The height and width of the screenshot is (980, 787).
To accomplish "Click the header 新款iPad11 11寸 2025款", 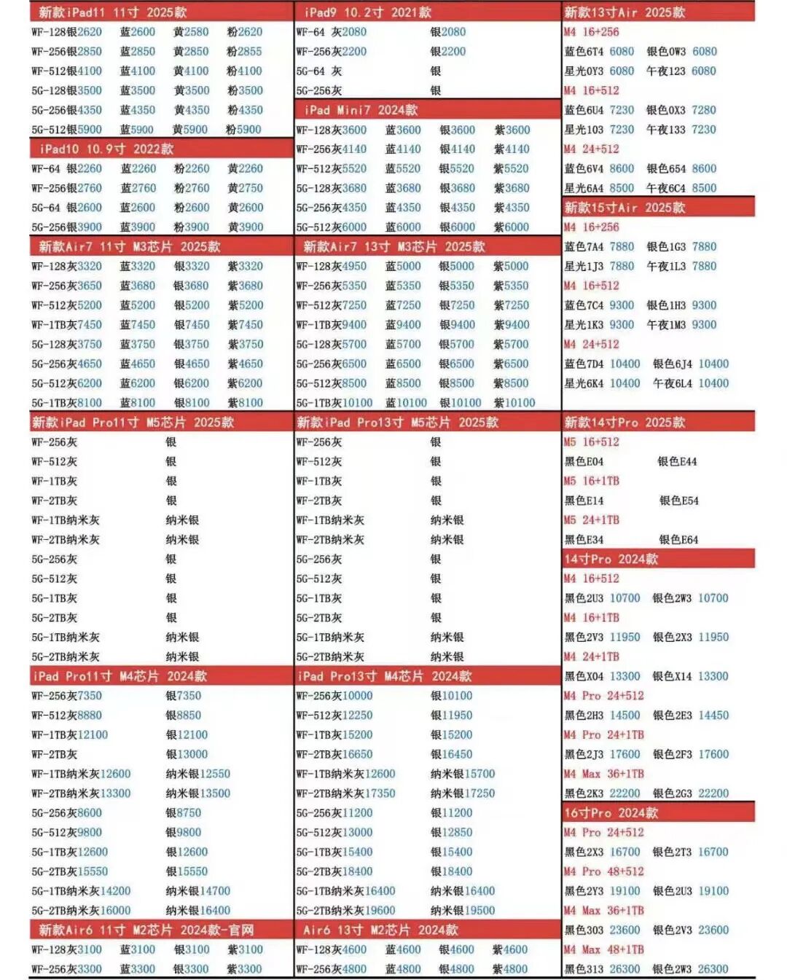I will coord(112,12).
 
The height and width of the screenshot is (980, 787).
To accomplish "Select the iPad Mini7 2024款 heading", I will coord(361,110).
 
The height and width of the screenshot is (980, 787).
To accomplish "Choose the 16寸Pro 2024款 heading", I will coord(611,812).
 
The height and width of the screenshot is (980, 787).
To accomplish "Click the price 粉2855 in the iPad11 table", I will coord(244,52).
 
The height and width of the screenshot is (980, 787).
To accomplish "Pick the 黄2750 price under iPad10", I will coord(245,188).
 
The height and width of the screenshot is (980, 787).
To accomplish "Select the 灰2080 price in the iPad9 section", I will coord(349,32).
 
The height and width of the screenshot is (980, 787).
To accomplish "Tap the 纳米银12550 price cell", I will coord(197,774).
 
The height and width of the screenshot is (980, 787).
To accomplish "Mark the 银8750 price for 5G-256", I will coord(183,812).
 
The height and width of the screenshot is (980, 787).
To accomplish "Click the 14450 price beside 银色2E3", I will coord(713,716).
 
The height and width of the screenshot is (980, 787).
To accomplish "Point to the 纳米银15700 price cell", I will coord(462,774).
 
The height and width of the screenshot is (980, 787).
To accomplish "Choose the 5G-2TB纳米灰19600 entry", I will coord(345,910).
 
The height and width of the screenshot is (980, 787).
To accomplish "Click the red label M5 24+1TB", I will coord(591,520).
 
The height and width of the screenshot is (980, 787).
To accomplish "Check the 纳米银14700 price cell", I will coord(197,890).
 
